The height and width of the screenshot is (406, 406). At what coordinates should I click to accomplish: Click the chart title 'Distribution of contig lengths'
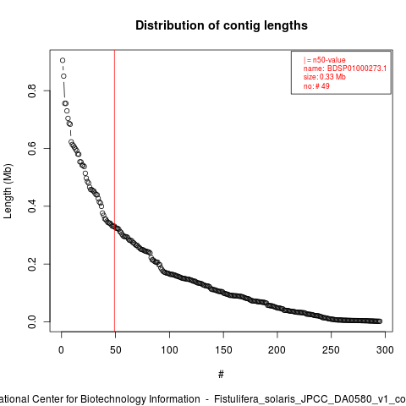tap(222, 25)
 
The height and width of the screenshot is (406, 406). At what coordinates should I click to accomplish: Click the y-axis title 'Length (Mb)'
tap(8, 191)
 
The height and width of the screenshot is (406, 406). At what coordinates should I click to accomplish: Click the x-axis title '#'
tap(221, 375)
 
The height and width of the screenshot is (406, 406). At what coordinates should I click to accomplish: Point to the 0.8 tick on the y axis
tap(32, 91)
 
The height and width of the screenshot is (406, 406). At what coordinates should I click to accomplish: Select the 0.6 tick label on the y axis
tap(32, 148)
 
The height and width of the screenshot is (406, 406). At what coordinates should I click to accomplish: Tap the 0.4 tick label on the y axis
tap(32, 206)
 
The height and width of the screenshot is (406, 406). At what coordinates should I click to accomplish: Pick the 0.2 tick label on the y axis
tap(32, 264)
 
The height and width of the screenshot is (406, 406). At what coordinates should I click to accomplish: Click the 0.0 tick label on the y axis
tap(32, 321)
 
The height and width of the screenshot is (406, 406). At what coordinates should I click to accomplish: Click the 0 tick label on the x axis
tap(61, 350)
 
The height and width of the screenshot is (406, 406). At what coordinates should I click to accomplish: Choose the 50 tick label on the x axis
tap(115, 350)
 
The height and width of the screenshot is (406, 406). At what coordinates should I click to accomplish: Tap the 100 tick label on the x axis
tap(169, 350)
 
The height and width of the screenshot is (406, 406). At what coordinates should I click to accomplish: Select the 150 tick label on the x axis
tap(223, 350)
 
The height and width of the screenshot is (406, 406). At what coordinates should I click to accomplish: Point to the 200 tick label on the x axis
tap(277, 350)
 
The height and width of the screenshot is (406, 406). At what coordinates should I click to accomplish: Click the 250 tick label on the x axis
tap(332, 350)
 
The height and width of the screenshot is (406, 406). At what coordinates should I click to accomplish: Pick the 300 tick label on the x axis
tap(385, 350)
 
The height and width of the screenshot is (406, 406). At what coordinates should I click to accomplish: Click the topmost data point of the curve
tap(63, 60)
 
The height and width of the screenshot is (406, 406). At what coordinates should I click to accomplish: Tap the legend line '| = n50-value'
tap(325, 60)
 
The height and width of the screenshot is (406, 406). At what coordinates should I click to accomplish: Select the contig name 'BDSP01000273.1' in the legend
tap(357, 69)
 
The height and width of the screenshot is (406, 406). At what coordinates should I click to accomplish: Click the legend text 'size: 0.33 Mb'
tap(325, 77)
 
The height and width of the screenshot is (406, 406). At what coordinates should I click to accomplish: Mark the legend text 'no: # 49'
tap(316, 86)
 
